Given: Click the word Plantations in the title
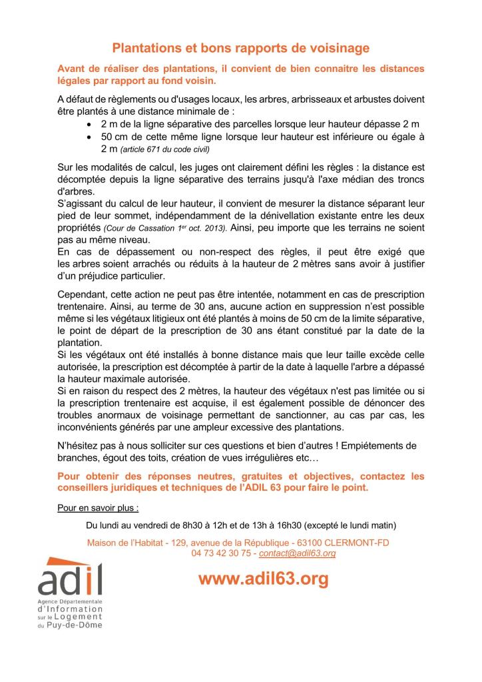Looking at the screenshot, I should (146, 48).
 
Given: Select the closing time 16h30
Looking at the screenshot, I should (287, 524).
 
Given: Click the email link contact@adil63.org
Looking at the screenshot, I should (297, 553).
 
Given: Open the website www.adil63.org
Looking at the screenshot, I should (263, 579).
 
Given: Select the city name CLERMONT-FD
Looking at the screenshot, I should (360, 543).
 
